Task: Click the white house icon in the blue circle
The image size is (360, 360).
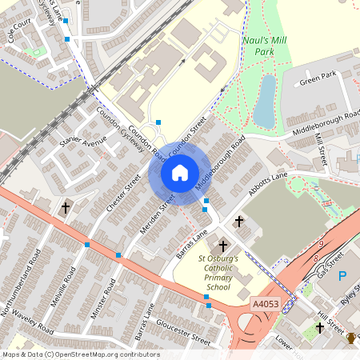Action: [180, 173]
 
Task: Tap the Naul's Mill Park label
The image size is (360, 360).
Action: [265, 45]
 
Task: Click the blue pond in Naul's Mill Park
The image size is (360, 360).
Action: [264, 99]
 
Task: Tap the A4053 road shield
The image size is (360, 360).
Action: [265, 304]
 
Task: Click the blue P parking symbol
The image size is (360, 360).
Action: [342, 276]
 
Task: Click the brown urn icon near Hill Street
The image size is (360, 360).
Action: [350, 337]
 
